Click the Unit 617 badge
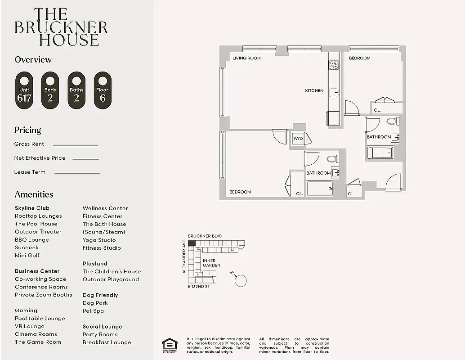[24, 90]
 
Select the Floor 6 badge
[103, 90]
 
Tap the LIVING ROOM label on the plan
[246, 58]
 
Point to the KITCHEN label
[314, 90]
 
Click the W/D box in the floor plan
[298, 139]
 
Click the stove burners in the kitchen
[333, 66]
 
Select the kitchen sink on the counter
[334, 93]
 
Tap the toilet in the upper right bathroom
[392, 121]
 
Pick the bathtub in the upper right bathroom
[380, 153]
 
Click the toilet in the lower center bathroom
[332, 159]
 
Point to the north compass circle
[241, 280]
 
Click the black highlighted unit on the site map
[192, 243]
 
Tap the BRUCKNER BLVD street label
[205, 236]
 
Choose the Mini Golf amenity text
[27, 255]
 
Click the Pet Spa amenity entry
[93, 310]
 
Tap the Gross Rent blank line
[75, 145]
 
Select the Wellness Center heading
[105, 208]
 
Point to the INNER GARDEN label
[211, 263]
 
